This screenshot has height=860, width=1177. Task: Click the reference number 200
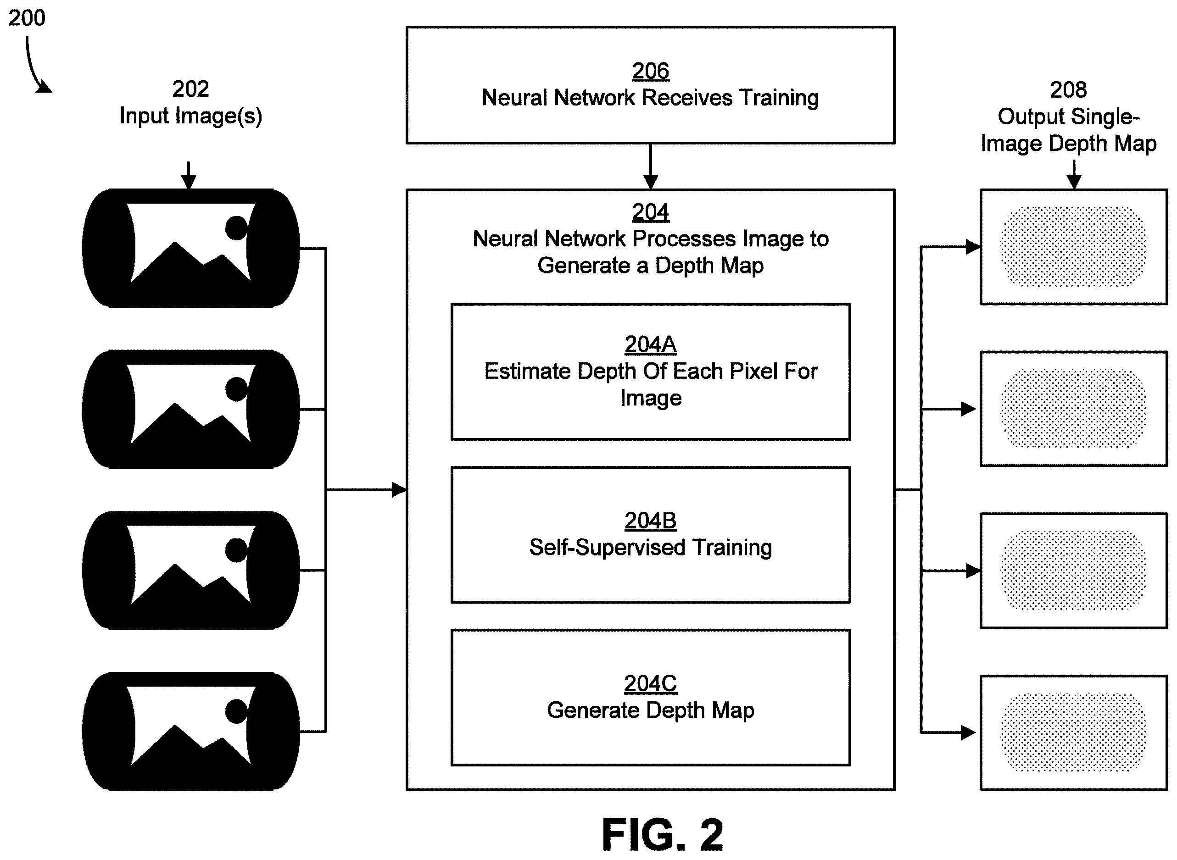coord(27,18)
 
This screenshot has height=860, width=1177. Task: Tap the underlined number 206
coord(651,71)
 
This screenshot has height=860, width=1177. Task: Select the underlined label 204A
coord(651,344)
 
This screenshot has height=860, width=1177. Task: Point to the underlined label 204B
coord(651,521)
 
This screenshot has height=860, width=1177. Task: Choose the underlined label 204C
coord(651,683)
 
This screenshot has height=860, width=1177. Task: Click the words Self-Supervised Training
coord(651,548)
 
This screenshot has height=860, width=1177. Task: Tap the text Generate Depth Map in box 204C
coord(651,710)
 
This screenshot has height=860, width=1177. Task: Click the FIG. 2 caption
coord(663,834)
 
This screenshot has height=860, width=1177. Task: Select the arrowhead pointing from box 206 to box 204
coord(651,182)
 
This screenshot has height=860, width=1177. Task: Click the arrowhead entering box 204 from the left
coord(399,490)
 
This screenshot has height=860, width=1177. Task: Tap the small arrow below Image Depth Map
coord(1074,174)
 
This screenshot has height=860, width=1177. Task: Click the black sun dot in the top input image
coord(236,228)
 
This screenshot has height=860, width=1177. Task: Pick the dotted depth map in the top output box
coord(1074,247)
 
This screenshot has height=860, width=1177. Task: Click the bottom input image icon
coord(190,732)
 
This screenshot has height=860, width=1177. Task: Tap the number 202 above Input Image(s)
coord(190,89)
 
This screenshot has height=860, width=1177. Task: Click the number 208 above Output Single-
coord(1069,90)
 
